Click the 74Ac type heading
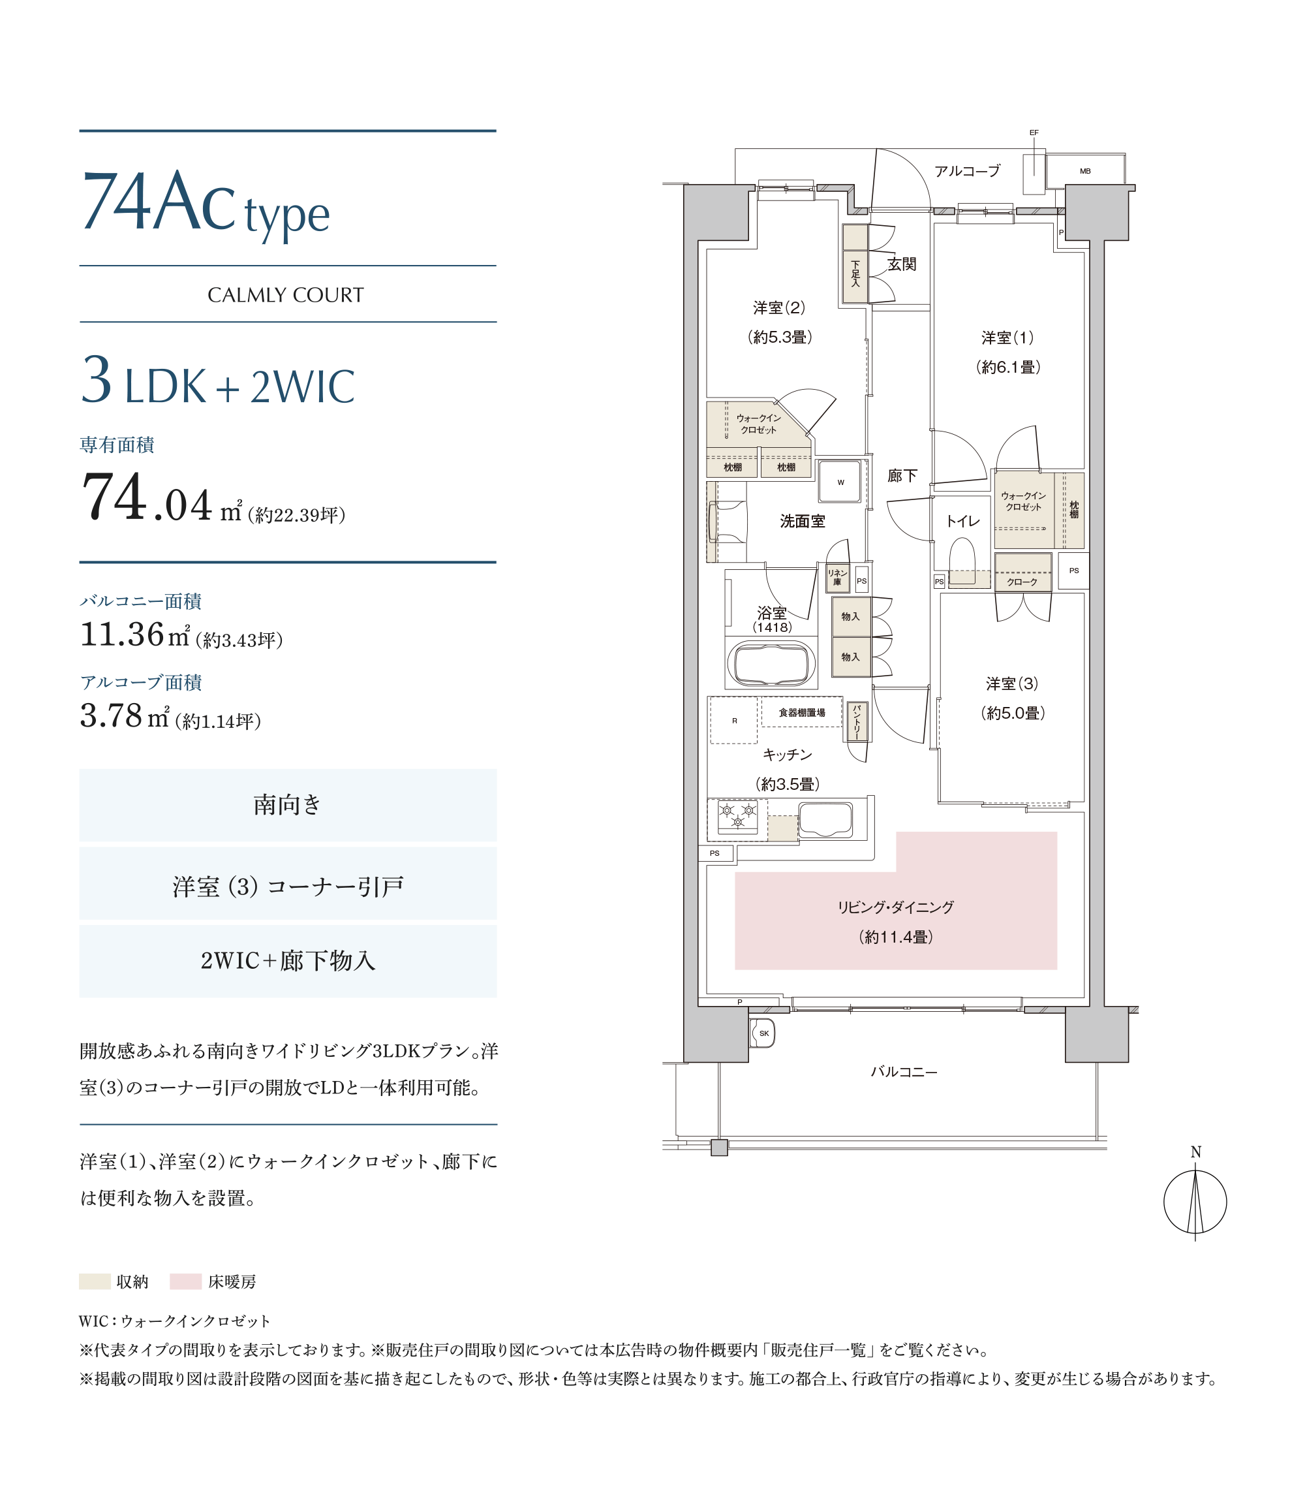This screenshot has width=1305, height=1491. tap(206, 204)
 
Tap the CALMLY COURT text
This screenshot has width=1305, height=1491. tap(286, 295)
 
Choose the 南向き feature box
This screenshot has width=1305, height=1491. tap(288, 805)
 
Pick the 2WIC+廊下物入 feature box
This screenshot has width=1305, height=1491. tap(288, 961)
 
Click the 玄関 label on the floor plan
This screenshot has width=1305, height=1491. tap(902, 264)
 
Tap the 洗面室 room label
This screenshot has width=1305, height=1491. tap(803, 521)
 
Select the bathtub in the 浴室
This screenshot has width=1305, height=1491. tap(771, 663)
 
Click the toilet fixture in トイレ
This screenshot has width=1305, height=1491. tap(962, 559)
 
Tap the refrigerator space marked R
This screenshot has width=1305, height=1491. tap(734, 721)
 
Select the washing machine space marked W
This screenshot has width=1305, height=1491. tap(840, 482)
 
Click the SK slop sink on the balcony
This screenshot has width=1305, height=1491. tap(763, 1033)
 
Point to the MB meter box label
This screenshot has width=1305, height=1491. tap(1085, 171)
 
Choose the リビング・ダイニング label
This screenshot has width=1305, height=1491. tap(896, 907)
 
